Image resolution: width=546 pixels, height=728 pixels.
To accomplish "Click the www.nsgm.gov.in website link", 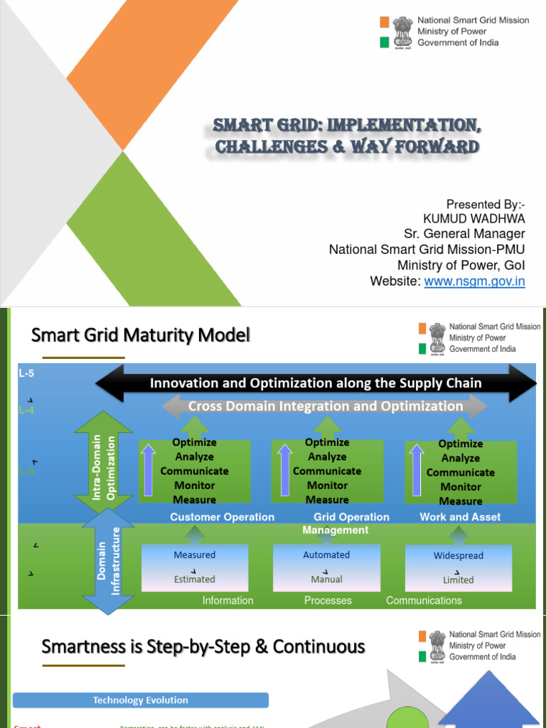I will pos(474,282).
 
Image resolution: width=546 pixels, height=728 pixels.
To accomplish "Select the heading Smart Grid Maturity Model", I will pos(141,335).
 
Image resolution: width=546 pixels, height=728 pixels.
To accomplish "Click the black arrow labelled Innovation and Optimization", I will pos(316,383).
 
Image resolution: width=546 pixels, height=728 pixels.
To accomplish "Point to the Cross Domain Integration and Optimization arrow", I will pos(325,406).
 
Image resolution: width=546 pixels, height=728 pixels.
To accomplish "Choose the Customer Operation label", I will pos(222,517).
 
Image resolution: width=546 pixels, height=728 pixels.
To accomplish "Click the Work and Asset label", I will pos(460,517).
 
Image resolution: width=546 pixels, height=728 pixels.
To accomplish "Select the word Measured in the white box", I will pos(194,555).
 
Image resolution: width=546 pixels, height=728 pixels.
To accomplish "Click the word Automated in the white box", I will pos(326,555).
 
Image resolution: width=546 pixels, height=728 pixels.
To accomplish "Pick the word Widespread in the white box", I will pos(458,555).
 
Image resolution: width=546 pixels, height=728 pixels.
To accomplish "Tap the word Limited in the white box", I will pos(458,579).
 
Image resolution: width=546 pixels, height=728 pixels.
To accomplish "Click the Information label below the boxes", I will pos(227,601).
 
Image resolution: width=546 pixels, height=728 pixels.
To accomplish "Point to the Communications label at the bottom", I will pos(424,601).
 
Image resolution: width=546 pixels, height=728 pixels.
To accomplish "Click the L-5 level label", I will pos(26,373).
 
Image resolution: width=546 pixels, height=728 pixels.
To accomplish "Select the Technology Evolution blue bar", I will pos(141,700).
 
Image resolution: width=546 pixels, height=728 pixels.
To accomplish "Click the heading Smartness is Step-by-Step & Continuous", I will pos(203,647).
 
